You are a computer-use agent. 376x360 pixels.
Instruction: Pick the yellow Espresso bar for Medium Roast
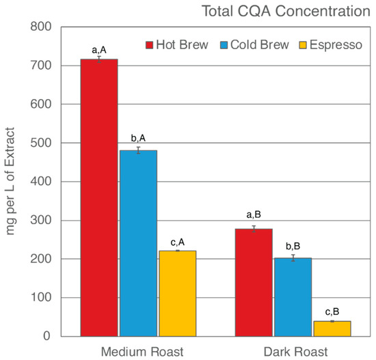(177, 293)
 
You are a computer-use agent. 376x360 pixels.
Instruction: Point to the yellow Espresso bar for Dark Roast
(332, 328)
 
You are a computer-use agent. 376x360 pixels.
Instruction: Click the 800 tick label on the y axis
(42, 27)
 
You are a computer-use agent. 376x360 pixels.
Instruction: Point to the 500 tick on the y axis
(42, 143)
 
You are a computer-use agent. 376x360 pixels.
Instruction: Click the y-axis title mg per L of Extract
(12, 181)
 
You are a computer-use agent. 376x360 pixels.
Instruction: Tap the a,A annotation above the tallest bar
(99, 50)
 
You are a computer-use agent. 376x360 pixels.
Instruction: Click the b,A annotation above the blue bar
(138, 140)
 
